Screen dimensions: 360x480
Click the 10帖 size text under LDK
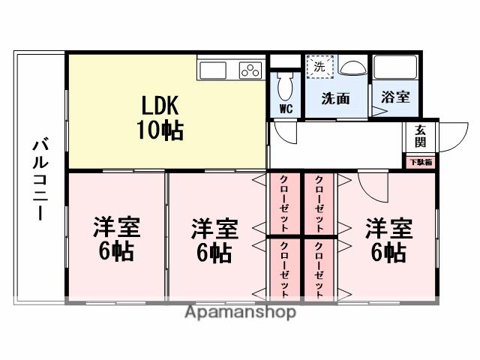pos(159,130)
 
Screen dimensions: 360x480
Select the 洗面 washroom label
pos(335,98)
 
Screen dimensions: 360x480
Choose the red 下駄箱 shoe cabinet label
pos(420,162)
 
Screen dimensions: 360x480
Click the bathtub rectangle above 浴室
pos(396,67)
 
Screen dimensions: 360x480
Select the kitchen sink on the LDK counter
pos(213,70)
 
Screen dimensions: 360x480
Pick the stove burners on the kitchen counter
pos(250,70)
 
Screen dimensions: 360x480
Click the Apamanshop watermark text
pos(240,312)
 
